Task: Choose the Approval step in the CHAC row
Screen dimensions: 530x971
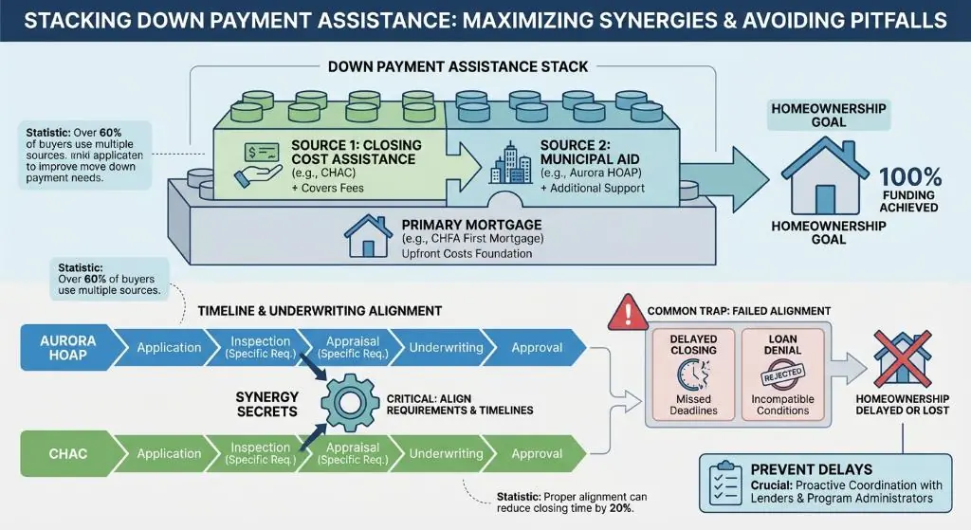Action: click(x=537, y=454)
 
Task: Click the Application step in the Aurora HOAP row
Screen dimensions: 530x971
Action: click(x=169, y=348)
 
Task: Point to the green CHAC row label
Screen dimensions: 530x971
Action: click(x=67, y=454)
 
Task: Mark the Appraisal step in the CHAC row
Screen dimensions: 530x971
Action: click(x=353, y=454)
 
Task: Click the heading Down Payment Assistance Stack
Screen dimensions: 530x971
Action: click(x=458, y=66)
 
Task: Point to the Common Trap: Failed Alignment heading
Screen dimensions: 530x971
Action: click(x=739, y=311)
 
